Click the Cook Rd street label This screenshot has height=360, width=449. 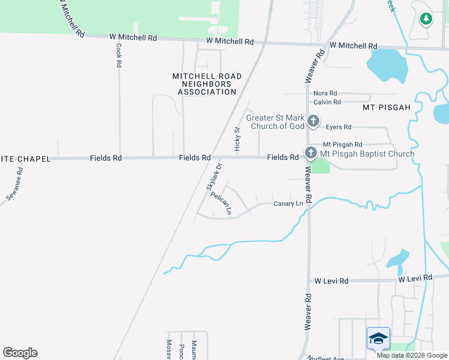[x=119, y=55]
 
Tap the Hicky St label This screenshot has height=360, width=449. [x=238, y=138]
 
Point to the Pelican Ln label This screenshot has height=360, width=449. [x=223, y=203]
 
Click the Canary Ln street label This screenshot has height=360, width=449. [x=288, y=204]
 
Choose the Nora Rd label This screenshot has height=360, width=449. [x=325, y=94]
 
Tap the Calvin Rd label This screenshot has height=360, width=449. [x=327, y=102]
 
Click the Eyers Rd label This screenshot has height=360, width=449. [x=338, y=127]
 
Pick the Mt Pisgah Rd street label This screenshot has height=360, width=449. [x=343, y=145]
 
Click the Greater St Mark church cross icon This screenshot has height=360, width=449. [x=313, y=122]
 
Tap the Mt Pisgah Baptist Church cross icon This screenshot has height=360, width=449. [x=311, y=153]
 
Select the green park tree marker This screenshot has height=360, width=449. [x=426, y=19]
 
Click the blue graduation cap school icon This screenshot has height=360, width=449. [x=378, y=338]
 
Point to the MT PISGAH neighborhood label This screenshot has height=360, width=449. [x=387, y=107]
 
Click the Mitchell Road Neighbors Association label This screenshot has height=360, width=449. [x=207, y=84]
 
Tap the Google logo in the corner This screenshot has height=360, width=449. [x=20, y=353]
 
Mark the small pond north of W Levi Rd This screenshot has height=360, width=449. [x=396, y=260]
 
